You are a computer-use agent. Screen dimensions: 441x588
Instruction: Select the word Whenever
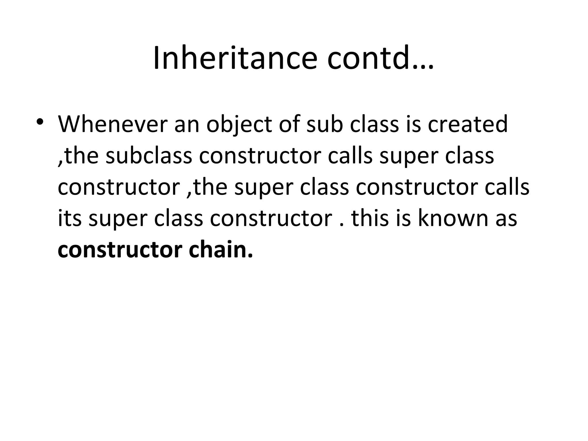113,124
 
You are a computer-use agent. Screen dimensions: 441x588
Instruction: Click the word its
70,218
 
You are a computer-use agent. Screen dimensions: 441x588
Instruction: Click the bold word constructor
120,250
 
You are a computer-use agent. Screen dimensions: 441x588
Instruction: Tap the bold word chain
221,249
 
